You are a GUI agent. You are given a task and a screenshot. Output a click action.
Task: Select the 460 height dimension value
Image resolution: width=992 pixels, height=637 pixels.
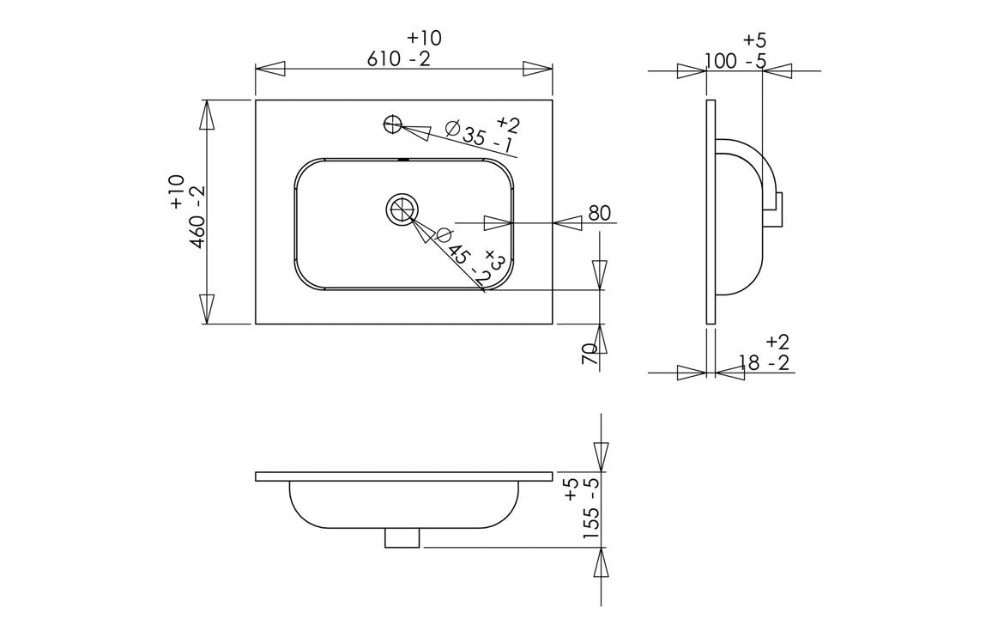tap(197, 228)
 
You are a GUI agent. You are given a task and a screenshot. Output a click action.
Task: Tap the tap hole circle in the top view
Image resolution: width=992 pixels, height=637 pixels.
tap(392, 125)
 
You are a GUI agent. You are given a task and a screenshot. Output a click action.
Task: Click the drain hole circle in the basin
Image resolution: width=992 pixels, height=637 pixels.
tap(401, 209)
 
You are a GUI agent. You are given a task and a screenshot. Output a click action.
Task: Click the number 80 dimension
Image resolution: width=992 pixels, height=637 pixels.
tap(600, 213)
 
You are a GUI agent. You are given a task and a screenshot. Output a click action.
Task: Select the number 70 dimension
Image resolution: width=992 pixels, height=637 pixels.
tap(590, 354)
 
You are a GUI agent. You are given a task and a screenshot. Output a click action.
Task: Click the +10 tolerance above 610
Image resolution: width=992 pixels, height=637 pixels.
tap(424, 38)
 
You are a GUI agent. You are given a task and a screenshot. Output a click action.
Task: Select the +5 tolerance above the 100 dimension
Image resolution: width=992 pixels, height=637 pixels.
tap(754, 39)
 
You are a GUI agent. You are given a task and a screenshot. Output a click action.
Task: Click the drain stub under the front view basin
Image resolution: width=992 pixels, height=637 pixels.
tap(402, 537)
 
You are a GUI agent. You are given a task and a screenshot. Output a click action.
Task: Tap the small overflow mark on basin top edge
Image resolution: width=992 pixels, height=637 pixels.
tap(403, 159)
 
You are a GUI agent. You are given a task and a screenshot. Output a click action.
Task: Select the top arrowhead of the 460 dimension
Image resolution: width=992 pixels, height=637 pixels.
tap(207, 115)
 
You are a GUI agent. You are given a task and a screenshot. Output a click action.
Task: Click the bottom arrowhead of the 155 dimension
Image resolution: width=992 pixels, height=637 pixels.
tap(601, 563)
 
